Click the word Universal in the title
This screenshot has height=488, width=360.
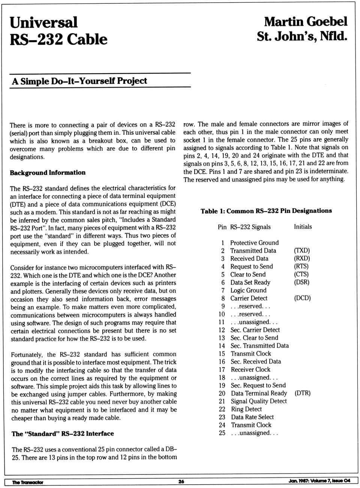(x=43, y=23)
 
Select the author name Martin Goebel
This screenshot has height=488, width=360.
(x=306, y=21)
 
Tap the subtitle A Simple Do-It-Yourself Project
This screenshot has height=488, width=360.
(x=79, y=81)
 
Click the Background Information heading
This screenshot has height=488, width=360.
(x=48, y=173)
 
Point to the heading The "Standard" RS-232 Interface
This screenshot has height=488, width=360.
(x=63, y=434)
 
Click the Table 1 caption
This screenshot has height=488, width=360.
(x=266, y=211)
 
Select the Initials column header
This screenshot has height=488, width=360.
(x=303, y=227)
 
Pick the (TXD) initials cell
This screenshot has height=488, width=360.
(x=302, y=250)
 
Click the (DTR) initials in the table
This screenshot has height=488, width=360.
(x=303, y=393)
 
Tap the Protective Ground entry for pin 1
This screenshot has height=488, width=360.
(x=254, y=242)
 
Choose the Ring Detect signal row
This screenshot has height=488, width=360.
(x=246, y=409)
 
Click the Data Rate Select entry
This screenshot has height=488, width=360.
(x=252, y=417)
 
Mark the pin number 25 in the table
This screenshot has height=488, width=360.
(x=222, y=433)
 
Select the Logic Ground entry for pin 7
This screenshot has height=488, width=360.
(x=248, y=290)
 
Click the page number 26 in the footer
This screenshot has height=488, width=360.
(x=181, y=482)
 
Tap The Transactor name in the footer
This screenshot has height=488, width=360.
(x=27, y=482)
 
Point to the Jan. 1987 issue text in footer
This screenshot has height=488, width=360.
(x=319, y=481)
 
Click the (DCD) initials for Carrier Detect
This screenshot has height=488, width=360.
(x=302, y=298)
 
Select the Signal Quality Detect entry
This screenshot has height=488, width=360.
(x=259, y=401)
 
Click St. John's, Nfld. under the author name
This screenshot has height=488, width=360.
(x=302, y=36)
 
